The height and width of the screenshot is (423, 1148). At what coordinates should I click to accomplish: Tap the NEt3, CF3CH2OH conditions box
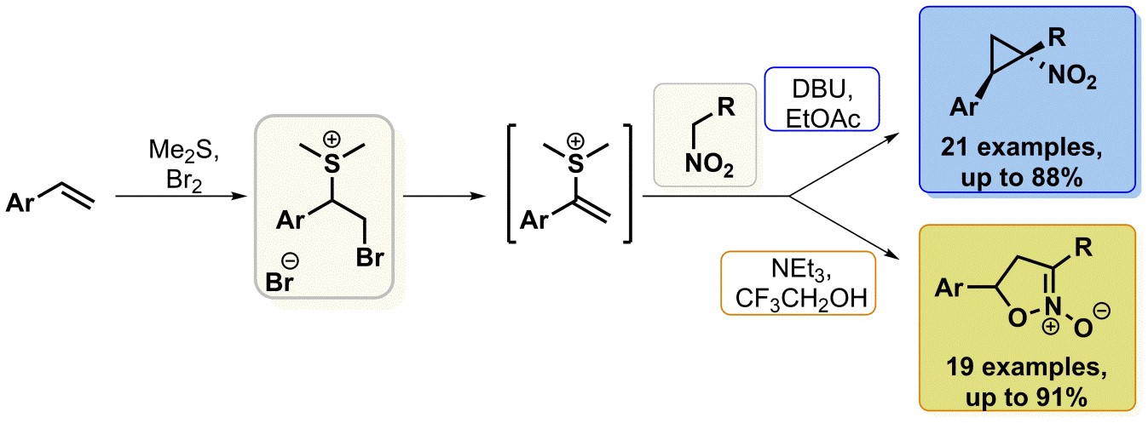[x=798, y=283]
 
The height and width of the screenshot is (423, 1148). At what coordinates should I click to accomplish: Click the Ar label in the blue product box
[x=966, y=108]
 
